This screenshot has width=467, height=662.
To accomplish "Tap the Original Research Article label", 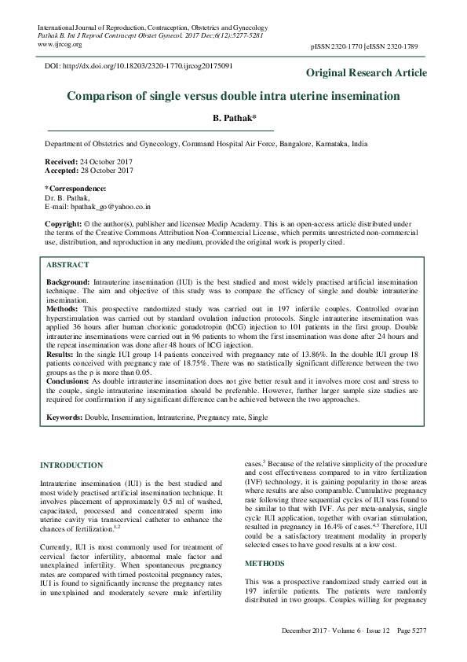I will [366, 73].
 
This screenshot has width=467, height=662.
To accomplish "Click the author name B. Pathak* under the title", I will [234, 117].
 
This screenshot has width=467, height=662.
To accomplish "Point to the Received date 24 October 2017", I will [89, 160].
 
